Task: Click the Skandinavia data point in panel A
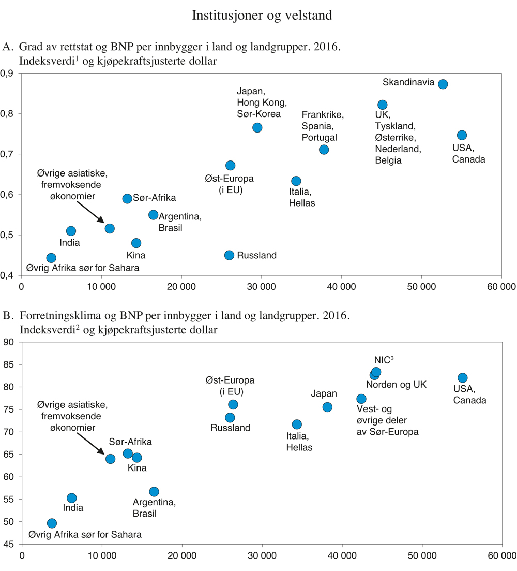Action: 443,84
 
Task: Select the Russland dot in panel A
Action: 229,255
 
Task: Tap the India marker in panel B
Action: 72,498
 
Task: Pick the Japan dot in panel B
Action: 327,407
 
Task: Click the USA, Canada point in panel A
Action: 462,135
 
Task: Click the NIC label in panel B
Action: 381,360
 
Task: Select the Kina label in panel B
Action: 137,468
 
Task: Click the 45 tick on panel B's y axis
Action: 10,544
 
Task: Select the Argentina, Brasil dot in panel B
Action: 154,492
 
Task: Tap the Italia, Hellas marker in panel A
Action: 296,181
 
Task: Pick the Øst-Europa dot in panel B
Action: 233,404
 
